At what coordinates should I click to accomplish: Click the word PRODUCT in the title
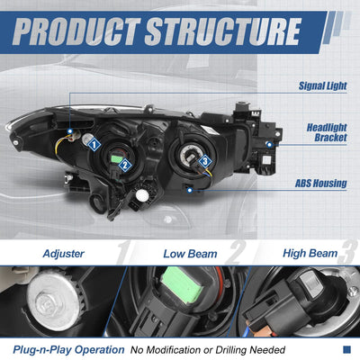click(x=76, y=31)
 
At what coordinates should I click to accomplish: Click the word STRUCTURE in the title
click(x=223, y=31)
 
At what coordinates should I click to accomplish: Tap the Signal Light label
click(x=322, y=85)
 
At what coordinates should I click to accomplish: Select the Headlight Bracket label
click(x=327, y=132)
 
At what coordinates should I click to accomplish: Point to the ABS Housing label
click(x=321, y=184)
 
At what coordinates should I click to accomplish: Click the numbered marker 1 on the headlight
click(x=94, y=145)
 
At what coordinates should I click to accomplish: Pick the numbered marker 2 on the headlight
click(x=125, y=166)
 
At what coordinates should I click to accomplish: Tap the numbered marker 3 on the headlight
click(x=205, y=161)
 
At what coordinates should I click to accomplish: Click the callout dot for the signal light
click(x=70, y=131)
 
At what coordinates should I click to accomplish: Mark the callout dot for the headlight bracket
click(x=269, y=145)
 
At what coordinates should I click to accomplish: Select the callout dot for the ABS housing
click(x=190, y=190)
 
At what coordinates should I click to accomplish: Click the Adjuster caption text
click(x=64, y=254)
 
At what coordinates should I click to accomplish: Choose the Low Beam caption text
click(x=190, y=254)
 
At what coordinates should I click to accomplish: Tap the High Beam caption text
click(x=310, y=254)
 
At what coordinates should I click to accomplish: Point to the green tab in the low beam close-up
click(x=181, y=286)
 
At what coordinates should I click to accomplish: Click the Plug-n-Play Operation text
click(x=68, y=350)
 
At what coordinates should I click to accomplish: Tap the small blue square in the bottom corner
click(x=346, y=349)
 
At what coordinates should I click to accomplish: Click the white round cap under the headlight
click(x=142, y=195)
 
